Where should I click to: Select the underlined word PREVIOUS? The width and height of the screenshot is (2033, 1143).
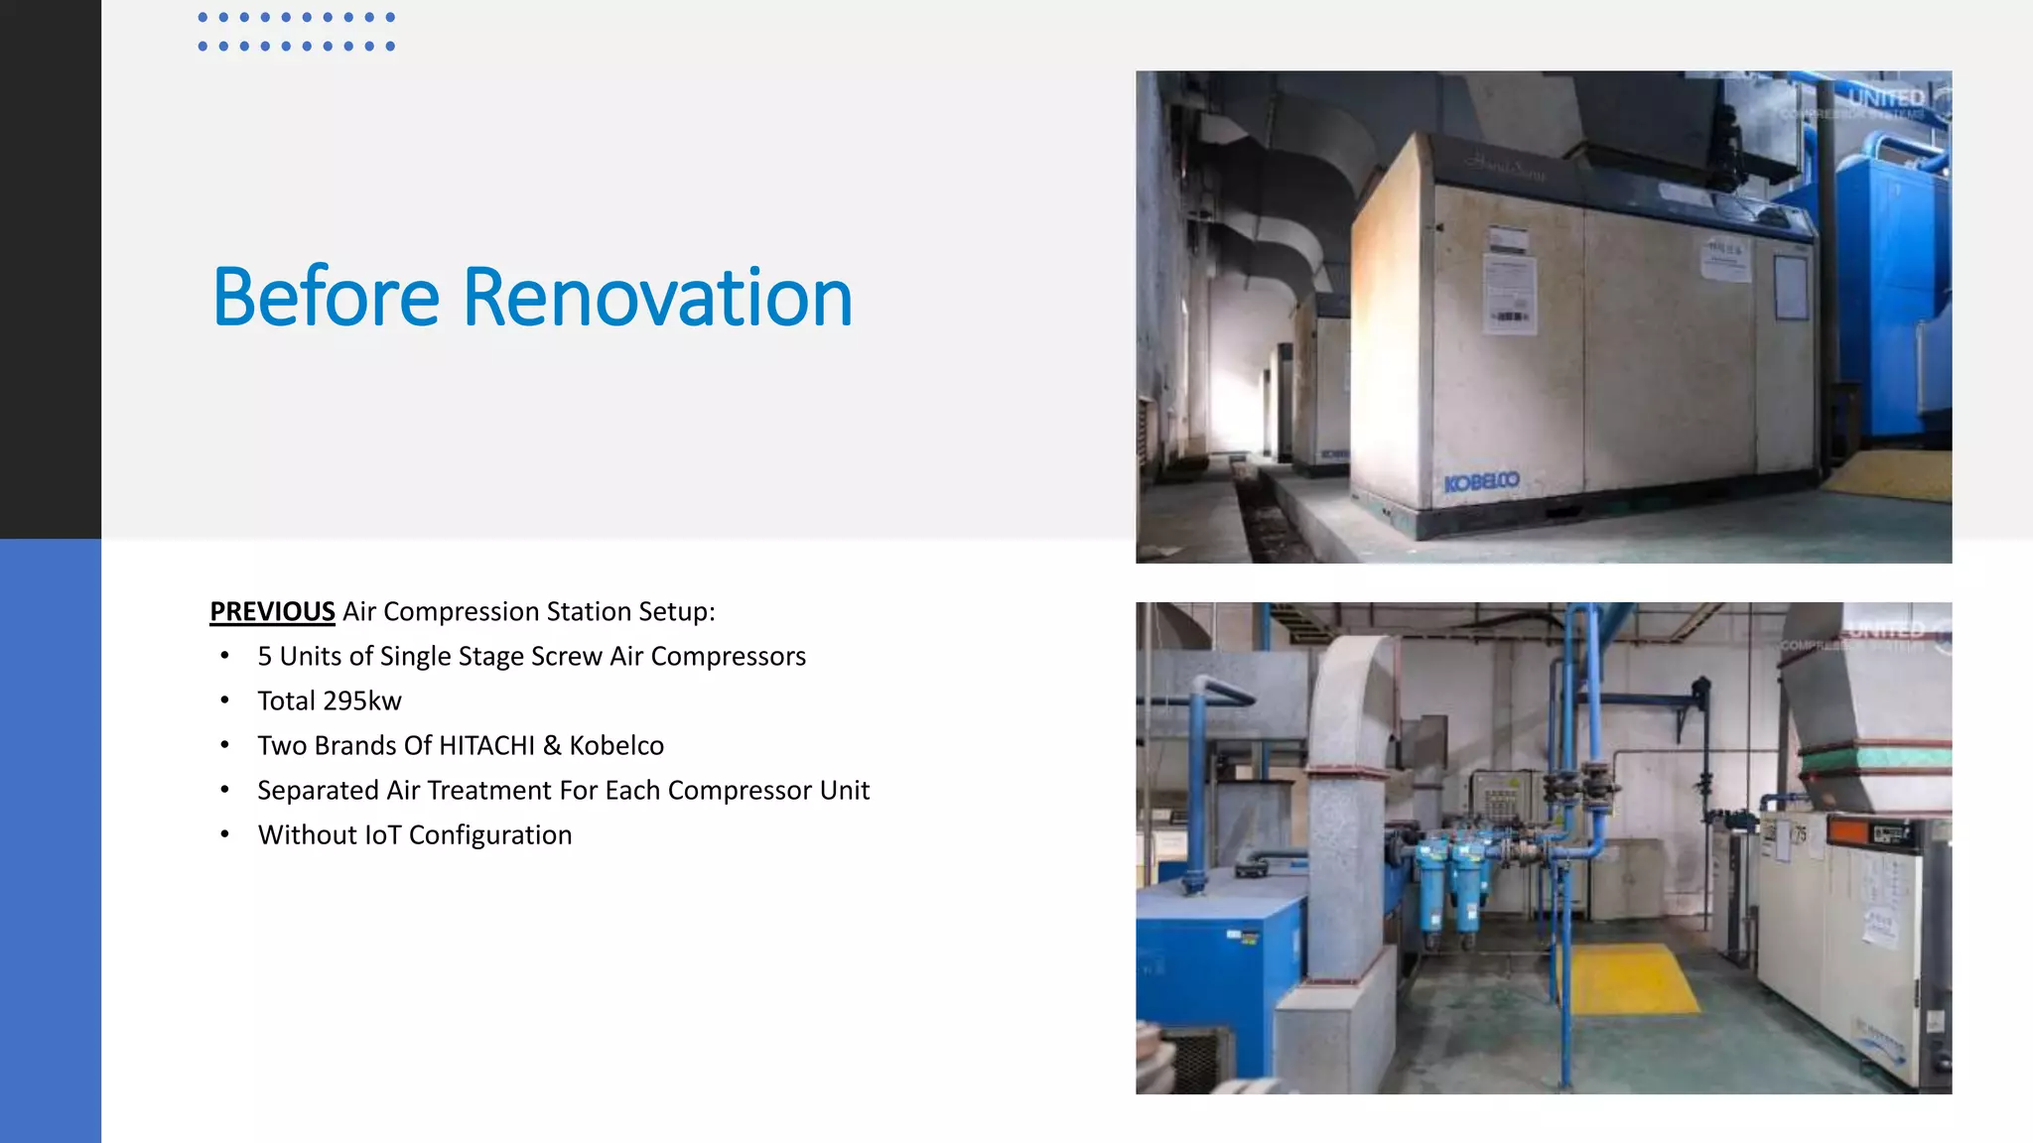pyautogui.click(x=272, y=611)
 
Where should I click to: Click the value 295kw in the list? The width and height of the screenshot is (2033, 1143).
pyautogui.click(x=362, y=701)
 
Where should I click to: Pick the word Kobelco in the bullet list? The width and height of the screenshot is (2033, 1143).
pyautogui.click(x=616, y=745)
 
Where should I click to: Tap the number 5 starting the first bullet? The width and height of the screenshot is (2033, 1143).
pyautogui.click(x=265, y=657)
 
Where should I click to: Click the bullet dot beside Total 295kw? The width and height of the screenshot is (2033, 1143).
pyautogui.click(x=225, y=700)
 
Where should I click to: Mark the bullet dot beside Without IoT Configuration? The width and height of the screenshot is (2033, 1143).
pyautogui.click(x=225, y=834)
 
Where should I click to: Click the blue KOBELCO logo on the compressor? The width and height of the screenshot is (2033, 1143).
pyautogui.click(x=1481, y=482)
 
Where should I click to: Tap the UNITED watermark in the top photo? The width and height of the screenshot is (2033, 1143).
pyautogui.click(x=1886, y=98)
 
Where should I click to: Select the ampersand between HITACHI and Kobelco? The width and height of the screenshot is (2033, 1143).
pyautogui.click(x=552, y=745)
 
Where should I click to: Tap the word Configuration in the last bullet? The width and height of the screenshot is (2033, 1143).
pyautogui.click(x=490, y=835)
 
